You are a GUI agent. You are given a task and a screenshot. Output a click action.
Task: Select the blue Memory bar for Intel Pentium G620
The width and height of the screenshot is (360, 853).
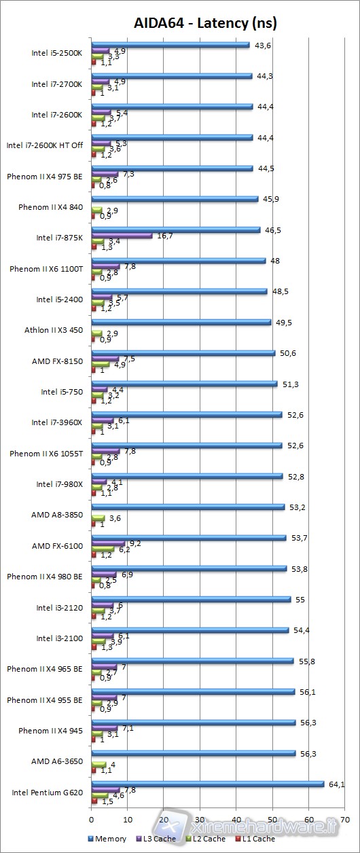click(x=207, y=783)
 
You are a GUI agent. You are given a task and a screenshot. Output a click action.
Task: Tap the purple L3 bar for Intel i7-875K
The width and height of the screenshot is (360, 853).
click(x=122, y=235)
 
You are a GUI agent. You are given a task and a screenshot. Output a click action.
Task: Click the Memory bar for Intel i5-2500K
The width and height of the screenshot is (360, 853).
click(x=170, y=45)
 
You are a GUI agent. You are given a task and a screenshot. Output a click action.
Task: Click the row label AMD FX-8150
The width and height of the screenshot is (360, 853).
click(x=57, y=361)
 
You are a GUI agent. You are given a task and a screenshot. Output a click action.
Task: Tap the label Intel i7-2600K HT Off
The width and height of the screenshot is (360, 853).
click(x=44, y=145)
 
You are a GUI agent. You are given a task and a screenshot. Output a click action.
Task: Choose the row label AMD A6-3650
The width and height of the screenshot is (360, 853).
click(x=57, y=761)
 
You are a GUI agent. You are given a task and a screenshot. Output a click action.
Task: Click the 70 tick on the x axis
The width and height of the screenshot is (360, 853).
click(x=345, y=809)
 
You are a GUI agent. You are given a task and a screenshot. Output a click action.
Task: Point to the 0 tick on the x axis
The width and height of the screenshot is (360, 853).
click(x=92, y=809)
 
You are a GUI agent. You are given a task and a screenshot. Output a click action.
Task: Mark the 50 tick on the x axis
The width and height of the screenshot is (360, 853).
click(x=272, y=809)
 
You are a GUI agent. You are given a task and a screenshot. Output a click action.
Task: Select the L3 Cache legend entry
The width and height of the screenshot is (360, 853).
click(x=156, y=839)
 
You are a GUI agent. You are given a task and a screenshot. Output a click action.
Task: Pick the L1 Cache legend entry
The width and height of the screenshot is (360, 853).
click(x=255, y=839)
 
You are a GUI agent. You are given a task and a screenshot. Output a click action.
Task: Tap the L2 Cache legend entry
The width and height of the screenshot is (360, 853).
click(x=206, y=839)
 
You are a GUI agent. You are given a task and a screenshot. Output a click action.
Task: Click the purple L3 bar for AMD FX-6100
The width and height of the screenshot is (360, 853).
click(x=108, y=543)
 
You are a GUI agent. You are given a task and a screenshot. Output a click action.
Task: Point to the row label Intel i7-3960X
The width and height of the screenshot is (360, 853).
click(x=56, y=422)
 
